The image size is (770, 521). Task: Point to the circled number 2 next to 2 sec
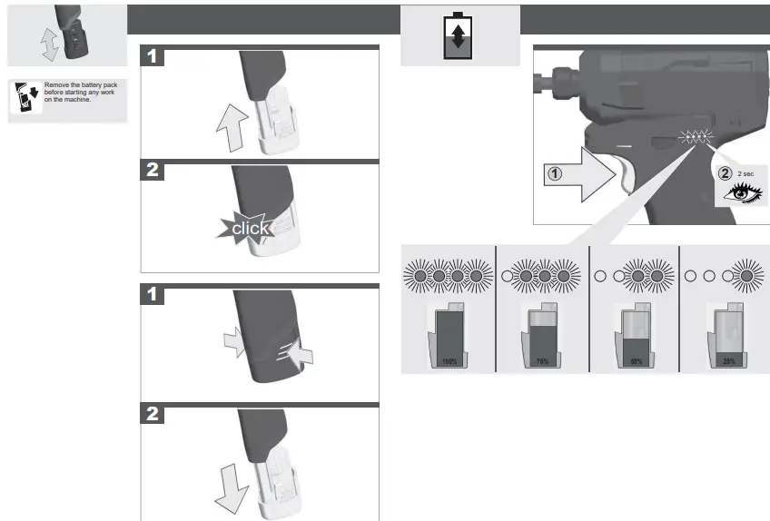pyautogui.click(x=725, y=172)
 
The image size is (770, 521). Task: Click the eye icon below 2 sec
pyautogui.click(x=741, y=192)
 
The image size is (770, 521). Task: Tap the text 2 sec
pyautogui.click(x=745, y=172)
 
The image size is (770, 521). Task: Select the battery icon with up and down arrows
pyautogui.click(x=458, y=36)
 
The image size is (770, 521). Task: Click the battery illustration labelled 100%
pyautogui.click(x=448, y=337)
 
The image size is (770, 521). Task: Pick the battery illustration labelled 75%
pyautogui.click(x=541, y=337)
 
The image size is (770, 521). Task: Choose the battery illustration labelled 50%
pyautogui.click(x=635, y=337)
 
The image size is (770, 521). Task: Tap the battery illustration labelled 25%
pyautogui.click(x=728, y=337)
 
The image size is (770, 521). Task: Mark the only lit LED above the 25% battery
pyautogui.click(x=748, y=274)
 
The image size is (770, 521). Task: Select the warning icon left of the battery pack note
pyautogui.click(x=25, y=96)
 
